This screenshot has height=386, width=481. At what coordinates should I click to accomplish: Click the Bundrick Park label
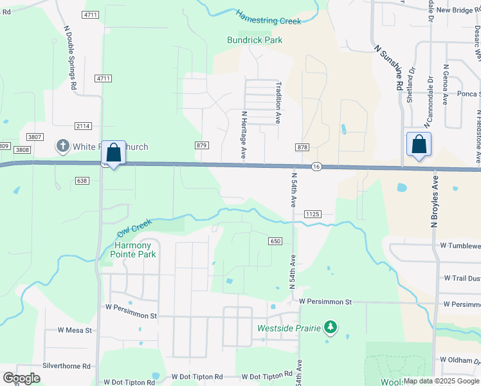click(x=255, y=40)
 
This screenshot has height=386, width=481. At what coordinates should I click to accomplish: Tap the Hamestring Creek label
click(x=268, y=17)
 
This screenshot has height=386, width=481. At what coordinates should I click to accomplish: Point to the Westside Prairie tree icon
click(x=331, y=327)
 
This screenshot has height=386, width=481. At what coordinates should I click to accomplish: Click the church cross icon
click(x=63, y=147)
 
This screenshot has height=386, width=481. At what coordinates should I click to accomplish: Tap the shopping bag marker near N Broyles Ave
click(x=419, y=146)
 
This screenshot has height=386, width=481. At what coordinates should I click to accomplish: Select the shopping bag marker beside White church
click(x=114, y=154)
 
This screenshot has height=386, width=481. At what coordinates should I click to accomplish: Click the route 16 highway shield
click(x=316, y=166)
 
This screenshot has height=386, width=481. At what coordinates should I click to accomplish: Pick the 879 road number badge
click(x=202, y=145)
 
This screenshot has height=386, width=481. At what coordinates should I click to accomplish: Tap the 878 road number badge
click(x=302, y=147)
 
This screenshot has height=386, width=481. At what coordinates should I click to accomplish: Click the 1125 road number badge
click(x=313, y=214)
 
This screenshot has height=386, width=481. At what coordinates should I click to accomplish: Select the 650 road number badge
click(x=275, y=241)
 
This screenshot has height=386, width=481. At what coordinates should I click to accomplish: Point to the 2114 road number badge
click(x=82, y=126)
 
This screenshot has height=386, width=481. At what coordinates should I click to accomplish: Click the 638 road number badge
click(x=81, y=181)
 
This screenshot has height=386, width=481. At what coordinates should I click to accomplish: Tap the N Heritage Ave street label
click(x=244, y=134)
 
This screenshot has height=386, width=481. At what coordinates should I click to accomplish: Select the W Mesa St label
click(x=75, y=330)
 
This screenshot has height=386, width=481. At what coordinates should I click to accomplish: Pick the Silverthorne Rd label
click(x=66, y=365)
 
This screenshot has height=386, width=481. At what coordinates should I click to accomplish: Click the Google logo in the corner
click(x=21, y=378)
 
